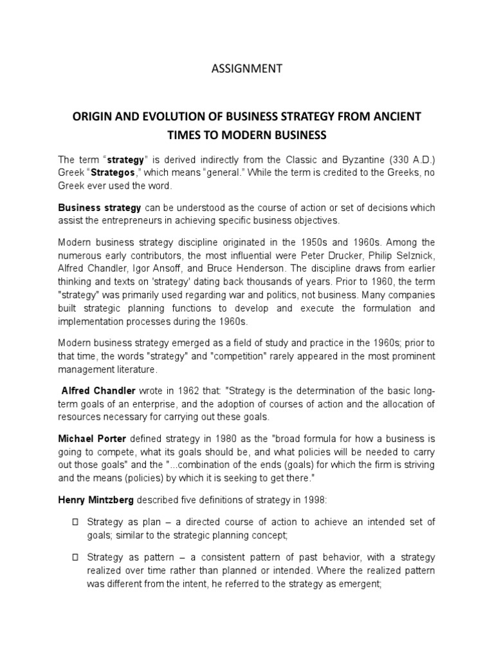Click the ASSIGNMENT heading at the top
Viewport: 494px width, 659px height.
tap(248, 69)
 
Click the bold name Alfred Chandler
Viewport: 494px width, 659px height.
tap(98, 391)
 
